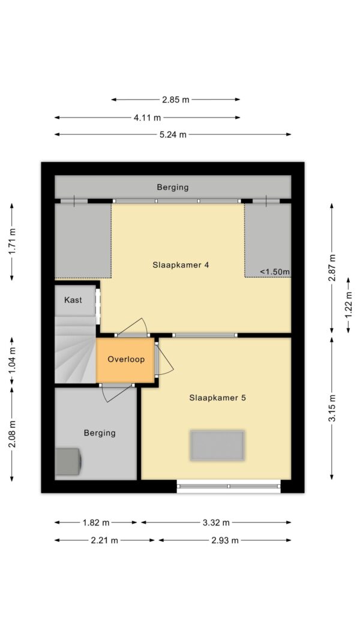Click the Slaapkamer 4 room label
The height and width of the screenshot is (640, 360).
point(181,265)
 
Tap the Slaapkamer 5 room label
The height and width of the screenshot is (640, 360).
point(218,398)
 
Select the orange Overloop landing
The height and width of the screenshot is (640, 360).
point(126,360)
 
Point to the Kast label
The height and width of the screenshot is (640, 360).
point(73,300)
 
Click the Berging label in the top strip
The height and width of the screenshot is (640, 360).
point(173,187)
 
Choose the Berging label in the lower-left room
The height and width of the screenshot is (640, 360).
point(100,432)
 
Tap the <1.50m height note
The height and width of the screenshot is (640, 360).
point(275,272)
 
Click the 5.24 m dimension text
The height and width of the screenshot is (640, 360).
point(173,135)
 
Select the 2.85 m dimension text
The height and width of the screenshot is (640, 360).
point(176,100)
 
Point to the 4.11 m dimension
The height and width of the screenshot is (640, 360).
point(148,118)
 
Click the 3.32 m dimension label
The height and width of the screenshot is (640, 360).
point(216,522)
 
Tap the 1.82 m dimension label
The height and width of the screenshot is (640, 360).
point(96,522)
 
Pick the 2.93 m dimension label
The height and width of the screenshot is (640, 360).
point(225,540)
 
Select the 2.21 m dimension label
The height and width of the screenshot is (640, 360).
point(104,540)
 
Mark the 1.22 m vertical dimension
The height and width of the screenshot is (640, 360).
point(348,305)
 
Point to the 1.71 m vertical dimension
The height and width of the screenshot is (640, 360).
point(12,242)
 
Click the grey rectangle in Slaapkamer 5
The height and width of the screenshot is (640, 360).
point(217,445)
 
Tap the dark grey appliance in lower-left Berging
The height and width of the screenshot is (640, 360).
point(68,462)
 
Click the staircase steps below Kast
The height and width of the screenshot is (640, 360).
point(76,350)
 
